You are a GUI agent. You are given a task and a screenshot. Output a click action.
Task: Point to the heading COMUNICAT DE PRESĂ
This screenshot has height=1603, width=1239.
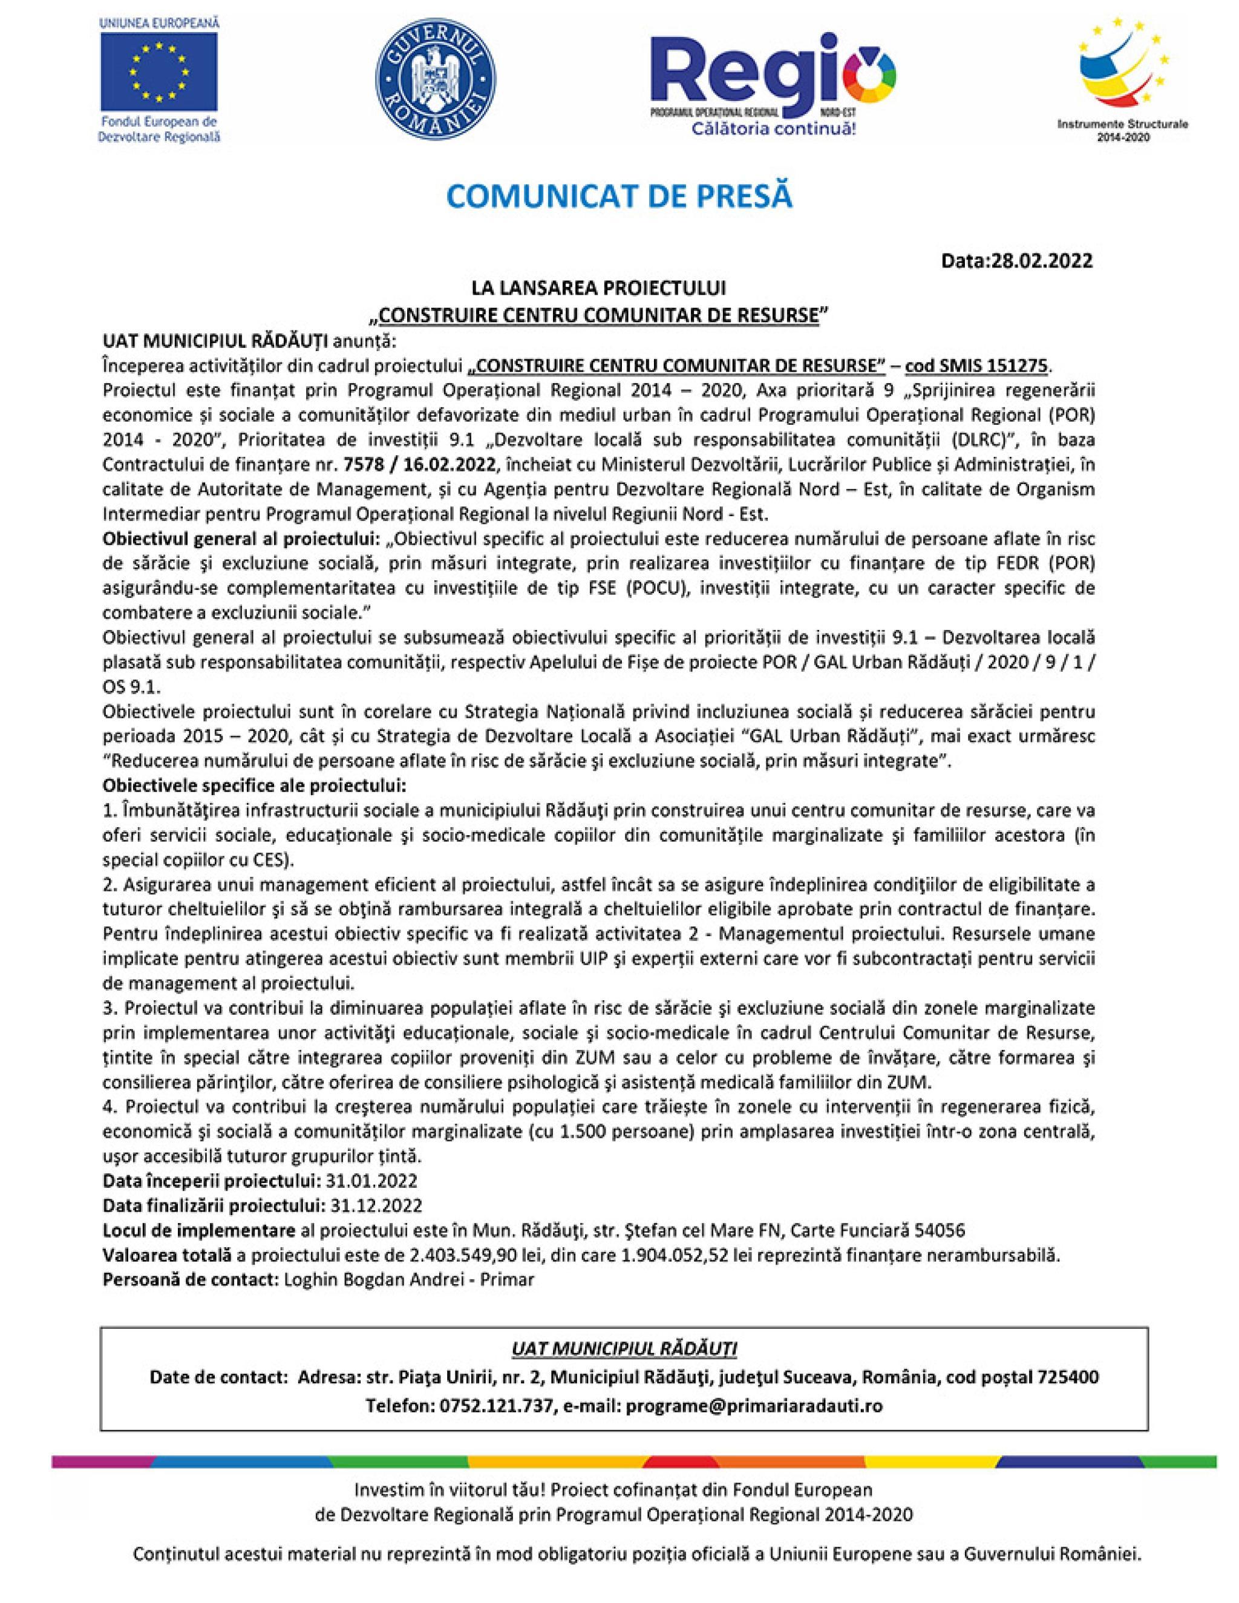click(619, 197)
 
